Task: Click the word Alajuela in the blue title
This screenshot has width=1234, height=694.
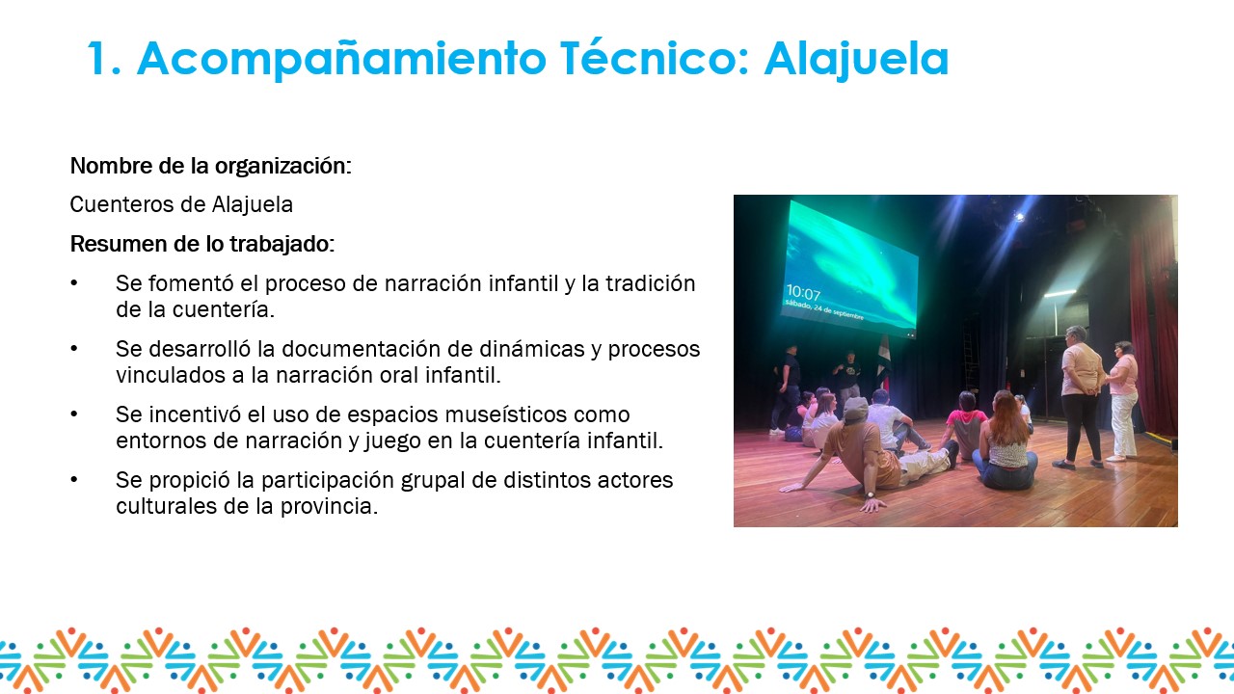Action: click(857, 60)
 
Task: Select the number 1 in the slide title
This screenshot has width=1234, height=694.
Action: click(99, 59)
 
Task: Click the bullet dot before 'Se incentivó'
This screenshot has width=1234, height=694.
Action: click(74, 414)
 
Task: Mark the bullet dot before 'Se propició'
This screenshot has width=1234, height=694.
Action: click(74, 480)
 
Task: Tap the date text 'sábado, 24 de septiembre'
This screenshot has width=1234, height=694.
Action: click(824, 309)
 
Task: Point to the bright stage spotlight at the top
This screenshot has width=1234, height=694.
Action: click(1019, 217)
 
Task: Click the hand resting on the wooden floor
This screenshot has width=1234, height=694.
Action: click(873, 504)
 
